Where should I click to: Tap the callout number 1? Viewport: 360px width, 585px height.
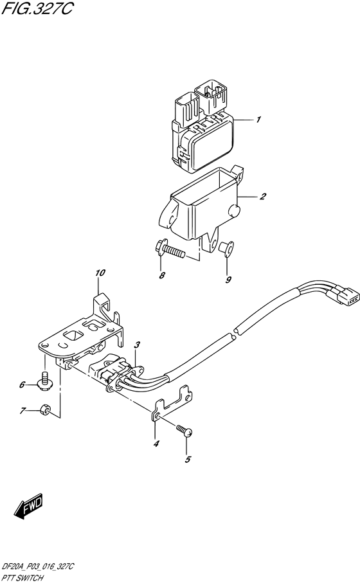point(258,120)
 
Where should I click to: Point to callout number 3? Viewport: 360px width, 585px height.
point(137,346)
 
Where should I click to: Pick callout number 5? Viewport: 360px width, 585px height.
point(188,459)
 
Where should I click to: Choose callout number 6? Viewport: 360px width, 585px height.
point(21,385)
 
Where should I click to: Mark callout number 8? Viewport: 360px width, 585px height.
point(162,276)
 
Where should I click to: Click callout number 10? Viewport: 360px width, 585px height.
point(100,273)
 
